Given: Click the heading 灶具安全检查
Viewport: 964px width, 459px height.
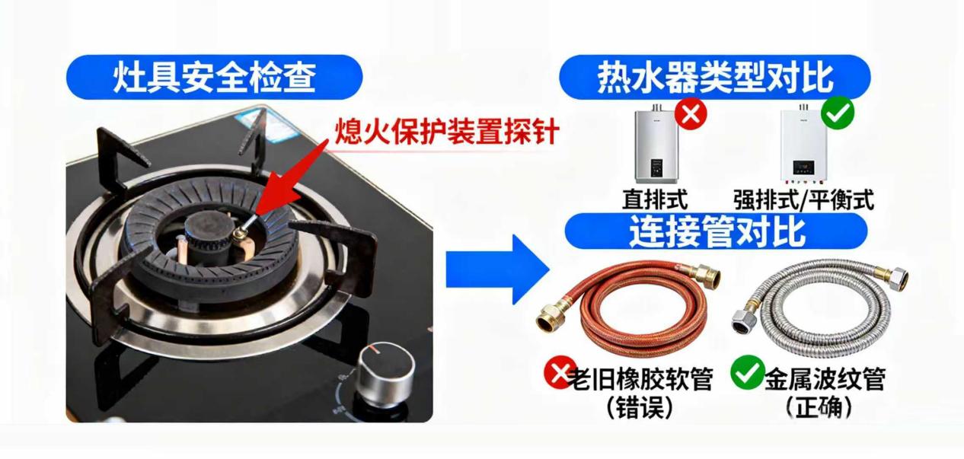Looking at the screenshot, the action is coord(215,78).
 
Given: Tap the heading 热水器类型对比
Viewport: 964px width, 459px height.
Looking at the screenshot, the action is coord(715,78).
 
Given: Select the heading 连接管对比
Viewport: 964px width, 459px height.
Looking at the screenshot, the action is coord(717,231).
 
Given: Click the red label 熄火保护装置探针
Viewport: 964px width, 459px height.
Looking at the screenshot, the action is coord(447,131).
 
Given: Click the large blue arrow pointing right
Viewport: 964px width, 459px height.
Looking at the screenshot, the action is coord(498,269).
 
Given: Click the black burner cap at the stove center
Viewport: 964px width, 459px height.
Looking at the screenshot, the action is coord(207,229).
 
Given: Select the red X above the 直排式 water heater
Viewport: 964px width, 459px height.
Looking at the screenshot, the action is coord(691,113).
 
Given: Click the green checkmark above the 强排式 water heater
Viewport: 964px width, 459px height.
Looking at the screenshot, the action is coord(838,113).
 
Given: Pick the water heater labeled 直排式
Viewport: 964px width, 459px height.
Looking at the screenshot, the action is coord(656,144).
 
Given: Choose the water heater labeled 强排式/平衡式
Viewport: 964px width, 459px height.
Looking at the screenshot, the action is coord(803,145).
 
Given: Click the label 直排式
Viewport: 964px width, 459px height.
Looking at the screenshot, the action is coord(655,200).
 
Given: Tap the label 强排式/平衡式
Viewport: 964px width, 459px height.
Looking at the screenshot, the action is coord(803,200).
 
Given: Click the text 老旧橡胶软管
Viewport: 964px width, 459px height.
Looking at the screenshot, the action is coord(640,379).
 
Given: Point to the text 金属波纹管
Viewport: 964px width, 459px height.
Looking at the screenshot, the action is coord(825,379).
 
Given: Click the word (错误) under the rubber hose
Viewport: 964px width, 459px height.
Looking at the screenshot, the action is coord(639,407).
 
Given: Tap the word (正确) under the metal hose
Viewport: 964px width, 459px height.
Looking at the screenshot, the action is coord(819,407).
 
